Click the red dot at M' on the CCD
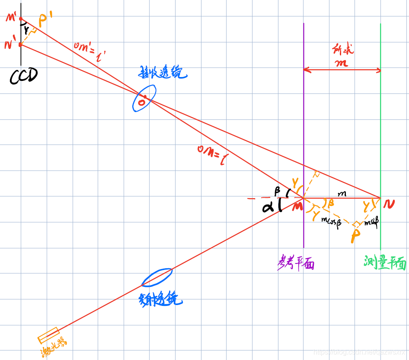21,19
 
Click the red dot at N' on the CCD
21,44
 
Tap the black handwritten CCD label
23,76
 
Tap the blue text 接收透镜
162,73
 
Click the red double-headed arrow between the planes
342,69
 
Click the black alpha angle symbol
268,207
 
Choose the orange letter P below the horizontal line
356,236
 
